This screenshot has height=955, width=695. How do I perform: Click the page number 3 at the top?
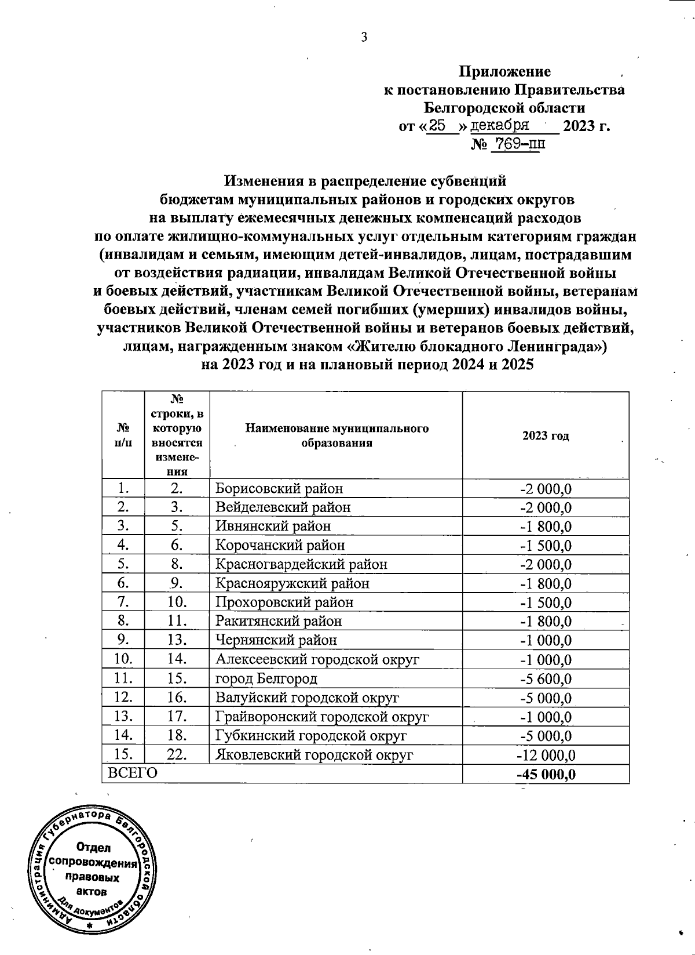point(364,38)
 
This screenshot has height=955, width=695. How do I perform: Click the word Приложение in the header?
point(504,71)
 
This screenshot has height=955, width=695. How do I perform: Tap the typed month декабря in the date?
point(499,125)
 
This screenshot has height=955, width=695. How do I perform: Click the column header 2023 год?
point(545,436)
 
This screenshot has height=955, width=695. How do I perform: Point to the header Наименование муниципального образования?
point(336,435)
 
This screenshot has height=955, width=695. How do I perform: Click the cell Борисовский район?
point(279,488)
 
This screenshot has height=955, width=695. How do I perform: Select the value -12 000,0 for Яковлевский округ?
point(545,755)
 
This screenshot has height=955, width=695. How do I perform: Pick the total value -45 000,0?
point(545,774)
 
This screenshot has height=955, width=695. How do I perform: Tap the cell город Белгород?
point(266,678)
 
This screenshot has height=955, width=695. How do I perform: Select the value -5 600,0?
point(545,678)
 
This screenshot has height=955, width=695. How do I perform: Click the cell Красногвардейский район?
point(301,564)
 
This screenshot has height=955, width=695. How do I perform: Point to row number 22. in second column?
point(177,755)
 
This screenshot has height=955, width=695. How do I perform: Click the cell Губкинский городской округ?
point(311,736)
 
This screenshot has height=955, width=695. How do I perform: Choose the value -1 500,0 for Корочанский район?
point(545,545)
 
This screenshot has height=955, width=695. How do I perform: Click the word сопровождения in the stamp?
point(93,863)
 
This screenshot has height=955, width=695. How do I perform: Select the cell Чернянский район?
point(276,640)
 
